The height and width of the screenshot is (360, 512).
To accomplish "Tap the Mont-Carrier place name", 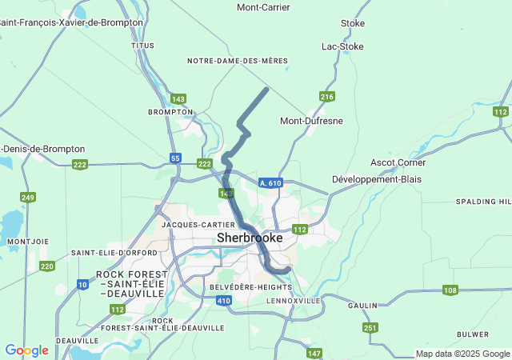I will click(263, 7).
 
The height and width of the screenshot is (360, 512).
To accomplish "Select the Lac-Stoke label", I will click(342, 46).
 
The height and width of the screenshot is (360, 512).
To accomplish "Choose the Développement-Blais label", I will click(376, 179).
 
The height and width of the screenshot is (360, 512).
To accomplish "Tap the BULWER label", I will click(472, 334).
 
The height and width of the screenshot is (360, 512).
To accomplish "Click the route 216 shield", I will click(326, 97).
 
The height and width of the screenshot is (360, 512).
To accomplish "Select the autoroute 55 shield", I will click(175, 158).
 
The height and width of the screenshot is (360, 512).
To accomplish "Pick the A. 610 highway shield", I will click(270, 183).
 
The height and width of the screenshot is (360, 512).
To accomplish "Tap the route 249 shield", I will click(28, 197).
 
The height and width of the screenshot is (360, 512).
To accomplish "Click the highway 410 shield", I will click(223, 301).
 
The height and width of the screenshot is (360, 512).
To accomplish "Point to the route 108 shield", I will click(450, 290).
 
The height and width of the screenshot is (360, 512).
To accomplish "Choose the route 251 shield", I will click(370, 328).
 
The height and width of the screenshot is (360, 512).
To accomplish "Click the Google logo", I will click(26, 350).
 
